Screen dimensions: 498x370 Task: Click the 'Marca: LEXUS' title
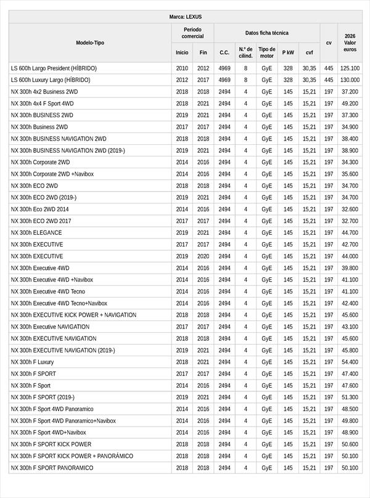click(185, 17)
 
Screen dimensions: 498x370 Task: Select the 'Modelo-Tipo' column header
click(90, 43)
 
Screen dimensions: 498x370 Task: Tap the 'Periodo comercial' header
click(192, 33)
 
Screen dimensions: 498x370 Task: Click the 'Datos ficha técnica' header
click(266, 33)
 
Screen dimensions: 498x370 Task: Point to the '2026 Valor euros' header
click(350, 43)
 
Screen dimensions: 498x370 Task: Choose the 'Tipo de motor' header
click(266, 52)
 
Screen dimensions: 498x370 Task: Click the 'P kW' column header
click(288, 52)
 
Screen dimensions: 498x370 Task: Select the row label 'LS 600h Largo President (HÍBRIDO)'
click(54, 68)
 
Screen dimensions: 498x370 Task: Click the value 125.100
click(350, 68)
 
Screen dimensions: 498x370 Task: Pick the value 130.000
click(350, 80)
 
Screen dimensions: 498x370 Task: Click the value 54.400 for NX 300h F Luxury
click(350, 362)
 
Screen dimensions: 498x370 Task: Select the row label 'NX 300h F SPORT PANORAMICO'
click(52, 468)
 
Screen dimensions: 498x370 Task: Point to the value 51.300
click(350, 398)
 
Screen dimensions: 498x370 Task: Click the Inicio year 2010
click(182, 68)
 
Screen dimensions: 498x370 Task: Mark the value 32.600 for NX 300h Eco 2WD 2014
click(350, 210)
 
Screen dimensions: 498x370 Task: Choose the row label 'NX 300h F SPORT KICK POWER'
click(51, 444)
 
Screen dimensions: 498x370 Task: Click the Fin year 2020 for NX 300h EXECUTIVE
click(203, 256)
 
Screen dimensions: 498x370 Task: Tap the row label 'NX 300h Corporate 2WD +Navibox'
click(52, 174)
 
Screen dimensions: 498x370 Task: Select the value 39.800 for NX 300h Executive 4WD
click(350, 268)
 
